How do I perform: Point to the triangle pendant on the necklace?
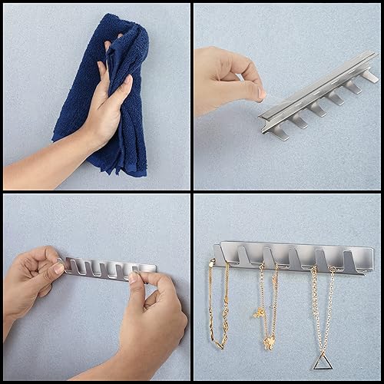pyautogui.click(x=322, y=361)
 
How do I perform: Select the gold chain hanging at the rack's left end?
pyautogui.click(x=216, y=307)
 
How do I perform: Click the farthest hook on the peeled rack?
pyautogui.click(x=369, y=75)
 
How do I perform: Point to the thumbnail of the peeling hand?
pyautogui.click(x=261, y=94)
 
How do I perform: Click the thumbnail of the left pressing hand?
pyautogui.click(x=57, y=268)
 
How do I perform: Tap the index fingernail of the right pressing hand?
pyautogui.click(x=132, y=277)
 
